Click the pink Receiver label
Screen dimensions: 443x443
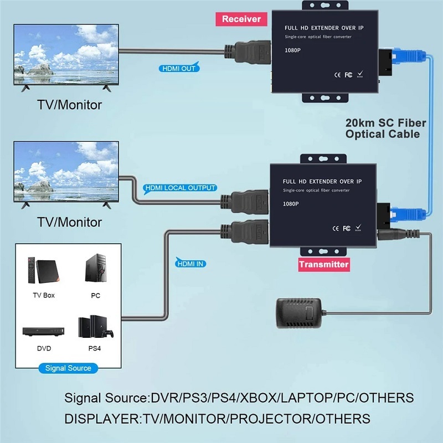click(241, 19)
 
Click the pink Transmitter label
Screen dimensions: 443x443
click(324, 264)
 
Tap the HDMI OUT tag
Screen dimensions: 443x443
click(178, 69)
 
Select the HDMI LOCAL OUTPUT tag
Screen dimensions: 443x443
click(179, 188)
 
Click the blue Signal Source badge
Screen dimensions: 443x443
click(68, 368)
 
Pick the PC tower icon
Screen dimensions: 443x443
click(95, 269)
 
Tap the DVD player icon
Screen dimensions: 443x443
click(40, 331)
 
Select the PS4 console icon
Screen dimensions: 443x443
click(95, 327)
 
